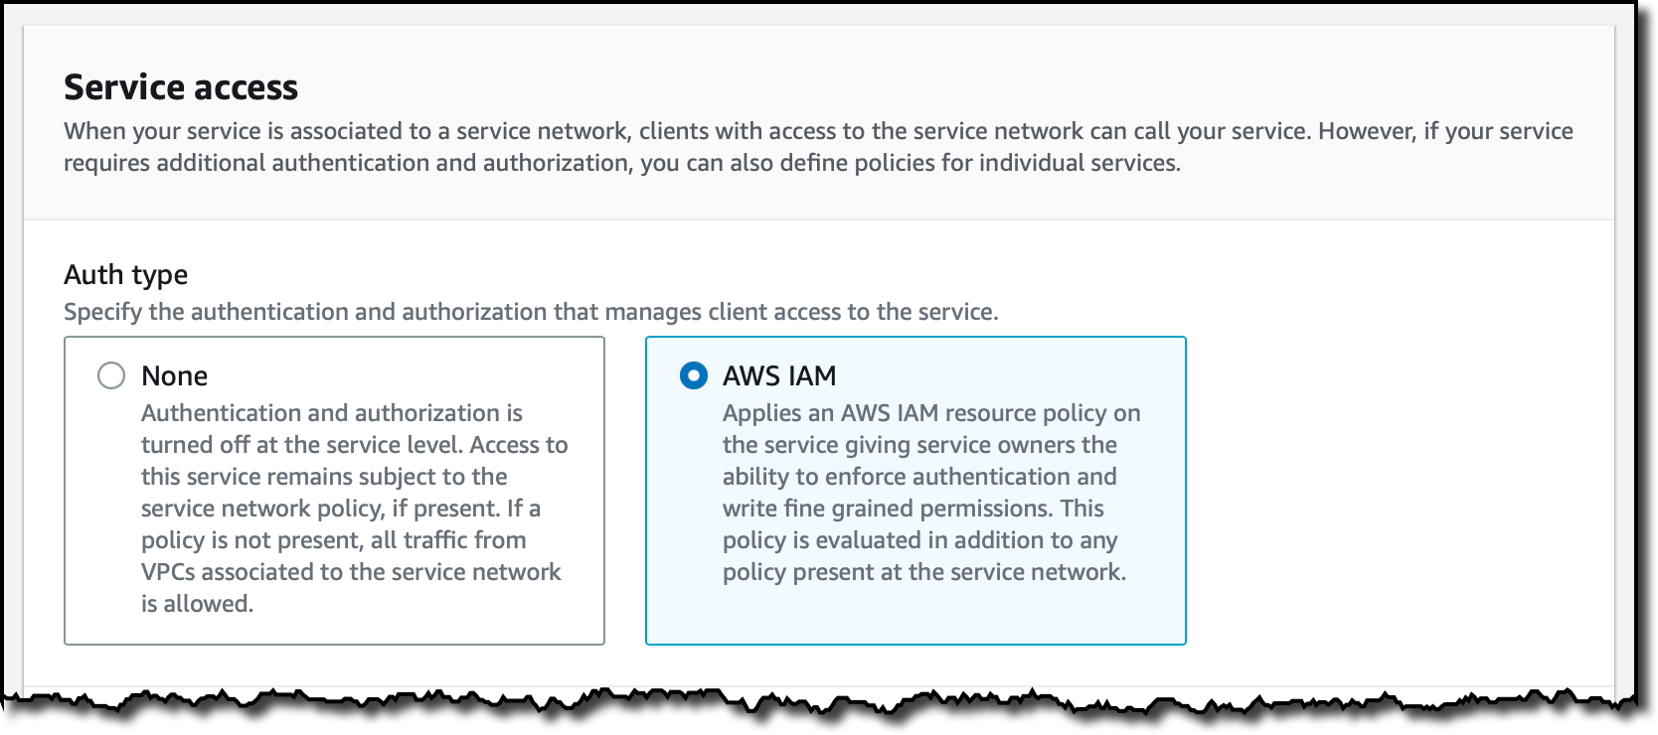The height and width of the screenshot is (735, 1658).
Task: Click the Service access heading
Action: coord(181,87)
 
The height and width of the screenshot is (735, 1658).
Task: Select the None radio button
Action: coord(111,375)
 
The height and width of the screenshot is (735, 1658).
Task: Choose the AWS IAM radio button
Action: coord(693,375)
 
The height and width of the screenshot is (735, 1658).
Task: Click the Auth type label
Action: coord(125,274)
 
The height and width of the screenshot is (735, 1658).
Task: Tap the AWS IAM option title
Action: coord(779,375)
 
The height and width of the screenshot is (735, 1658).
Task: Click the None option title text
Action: coord(174,375)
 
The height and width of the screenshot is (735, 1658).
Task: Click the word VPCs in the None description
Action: coord(170,572)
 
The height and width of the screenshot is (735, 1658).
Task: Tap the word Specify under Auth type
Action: coord(102,312)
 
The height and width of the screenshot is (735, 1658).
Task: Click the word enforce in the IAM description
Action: coord(865,477)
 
